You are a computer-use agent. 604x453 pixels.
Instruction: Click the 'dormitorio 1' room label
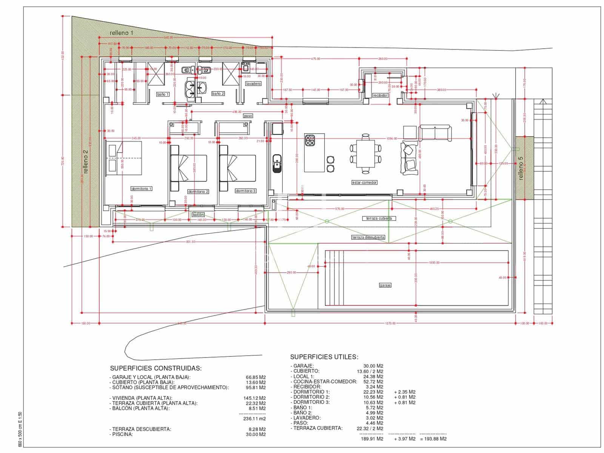point(142,188)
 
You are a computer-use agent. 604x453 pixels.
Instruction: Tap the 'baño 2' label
point(218,94)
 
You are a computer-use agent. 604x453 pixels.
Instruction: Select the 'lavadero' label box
point(253,83)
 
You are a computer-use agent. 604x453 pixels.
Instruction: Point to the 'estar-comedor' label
point(364,182)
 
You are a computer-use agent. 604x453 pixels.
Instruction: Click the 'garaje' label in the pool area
point(385,285)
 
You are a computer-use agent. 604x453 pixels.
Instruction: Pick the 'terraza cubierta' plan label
point(379,219)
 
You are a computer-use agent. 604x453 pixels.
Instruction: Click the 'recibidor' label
point(380,96)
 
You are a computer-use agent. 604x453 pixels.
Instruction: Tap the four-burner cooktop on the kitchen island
point(310,140)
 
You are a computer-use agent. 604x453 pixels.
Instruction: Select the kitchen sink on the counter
point(277,162)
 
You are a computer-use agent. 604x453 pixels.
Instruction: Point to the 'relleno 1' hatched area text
point(122,33)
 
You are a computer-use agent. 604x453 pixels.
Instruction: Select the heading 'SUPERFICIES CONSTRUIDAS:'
point(156,368)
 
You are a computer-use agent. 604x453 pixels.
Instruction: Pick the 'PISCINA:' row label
point(122,435)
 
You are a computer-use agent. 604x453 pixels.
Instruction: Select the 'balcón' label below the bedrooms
point(198,215)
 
